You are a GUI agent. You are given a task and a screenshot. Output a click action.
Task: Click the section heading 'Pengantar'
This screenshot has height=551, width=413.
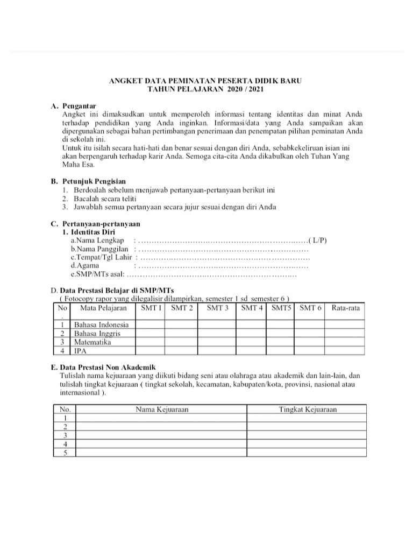80,105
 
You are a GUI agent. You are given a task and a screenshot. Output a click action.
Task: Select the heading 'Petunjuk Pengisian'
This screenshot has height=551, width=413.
94,181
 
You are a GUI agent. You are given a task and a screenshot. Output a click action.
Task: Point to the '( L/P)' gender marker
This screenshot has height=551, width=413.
317,240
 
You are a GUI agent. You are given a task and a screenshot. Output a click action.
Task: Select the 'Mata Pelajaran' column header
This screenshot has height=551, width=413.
103,308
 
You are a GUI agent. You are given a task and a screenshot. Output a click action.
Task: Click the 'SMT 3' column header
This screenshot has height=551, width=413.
217,308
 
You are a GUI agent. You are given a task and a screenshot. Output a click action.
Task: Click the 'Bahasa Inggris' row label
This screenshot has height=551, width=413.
97,334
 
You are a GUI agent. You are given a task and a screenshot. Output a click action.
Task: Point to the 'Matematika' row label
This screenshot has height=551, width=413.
92,342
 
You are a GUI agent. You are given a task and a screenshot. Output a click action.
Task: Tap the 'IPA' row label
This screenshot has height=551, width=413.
80,350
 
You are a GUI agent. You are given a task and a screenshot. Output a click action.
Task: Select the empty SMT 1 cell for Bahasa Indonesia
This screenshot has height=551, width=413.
150,325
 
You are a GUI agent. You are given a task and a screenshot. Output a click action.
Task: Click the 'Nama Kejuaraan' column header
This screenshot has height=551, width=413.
161,409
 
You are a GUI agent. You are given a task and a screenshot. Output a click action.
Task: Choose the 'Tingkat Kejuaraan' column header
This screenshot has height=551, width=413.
307,409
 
